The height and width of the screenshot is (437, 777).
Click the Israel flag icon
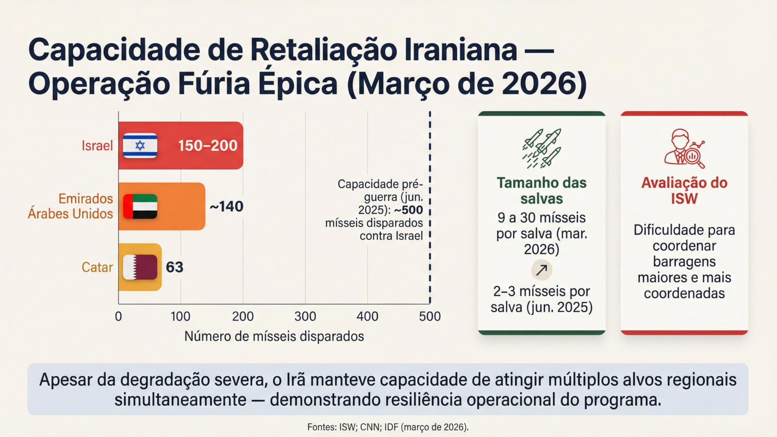point(140,146)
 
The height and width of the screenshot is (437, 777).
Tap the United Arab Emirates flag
point(140,206)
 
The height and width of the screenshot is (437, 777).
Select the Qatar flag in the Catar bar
point(140,267)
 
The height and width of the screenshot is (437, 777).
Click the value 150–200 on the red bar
point(207,146)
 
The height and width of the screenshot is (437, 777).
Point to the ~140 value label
point(226,206)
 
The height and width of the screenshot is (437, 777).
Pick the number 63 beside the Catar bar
point(175,267)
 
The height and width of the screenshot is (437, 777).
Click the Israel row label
point(97,146)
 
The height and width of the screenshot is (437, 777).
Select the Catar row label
point(97,267)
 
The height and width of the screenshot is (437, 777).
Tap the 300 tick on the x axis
point(305,317)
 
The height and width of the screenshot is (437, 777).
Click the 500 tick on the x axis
point(430,317)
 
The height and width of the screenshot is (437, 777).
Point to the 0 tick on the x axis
point(118,317)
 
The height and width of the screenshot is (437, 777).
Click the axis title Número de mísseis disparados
point(274,336)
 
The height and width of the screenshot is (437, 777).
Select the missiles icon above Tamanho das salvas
point(542,148)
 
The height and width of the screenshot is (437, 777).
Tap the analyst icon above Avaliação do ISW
point(684,148)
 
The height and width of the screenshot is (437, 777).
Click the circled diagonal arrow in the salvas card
point(541,270)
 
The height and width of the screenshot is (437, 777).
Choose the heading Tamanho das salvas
point(541,190)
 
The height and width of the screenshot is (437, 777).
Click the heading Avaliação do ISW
point(684,190)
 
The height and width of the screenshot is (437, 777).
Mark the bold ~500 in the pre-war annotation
point(408,210)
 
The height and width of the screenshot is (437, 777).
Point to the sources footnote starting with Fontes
point(388,427)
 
